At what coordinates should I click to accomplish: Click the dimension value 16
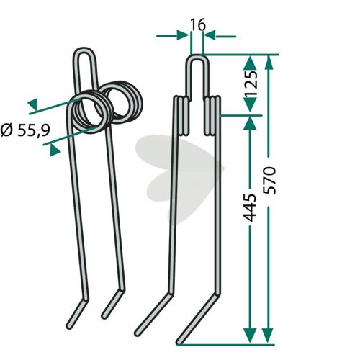pos(198,24)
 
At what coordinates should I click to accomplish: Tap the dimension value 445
pos(250,207)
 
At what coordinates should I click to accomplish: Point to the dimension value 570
pos(269,181)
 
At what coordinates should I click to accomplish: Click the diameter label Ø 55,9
pos(25,130)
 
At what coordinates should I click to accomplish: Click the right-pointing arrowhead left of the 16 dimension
pos(183,35)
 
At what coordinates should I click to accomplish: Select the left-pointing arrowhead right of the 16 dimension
pos(210,35)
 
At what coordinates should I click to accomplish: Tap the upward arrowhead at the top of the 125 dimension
pos(251,63)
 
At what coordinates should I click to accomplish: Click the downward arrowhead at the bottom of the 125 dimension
pos(251,104)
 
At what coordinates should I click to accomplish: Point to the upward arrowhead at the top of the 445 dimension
pos(251,123)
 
